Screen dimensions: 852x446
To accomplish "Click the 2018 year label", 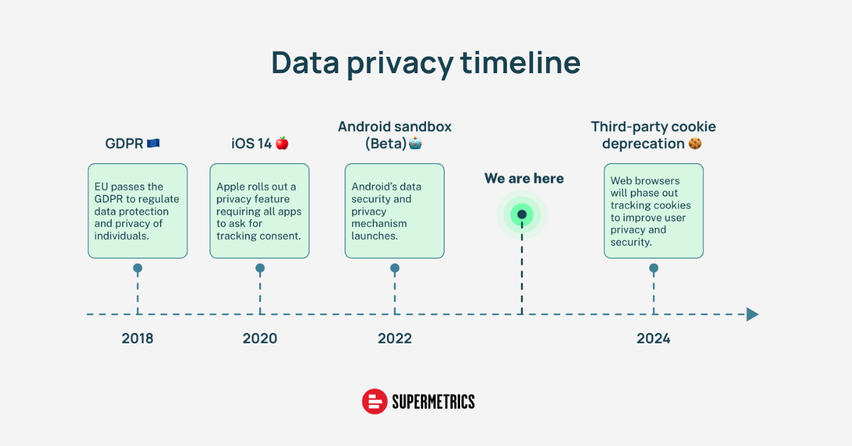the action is coord(137,338).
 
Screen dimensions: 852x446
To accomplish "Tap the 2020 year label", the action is coord(260,338).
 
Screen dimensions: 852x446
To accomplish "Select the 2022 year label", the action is coord(395,338).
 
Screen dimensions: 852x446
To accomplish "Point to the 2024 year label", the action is coord(653,338).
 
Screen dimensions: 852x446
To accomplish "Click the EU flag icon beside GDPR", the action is coord(153,143).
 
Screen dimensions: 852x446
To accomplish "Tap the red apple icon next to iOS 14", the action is coord(282,143).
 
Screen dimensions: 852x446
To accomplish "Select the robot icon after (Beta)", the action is coord(415,143).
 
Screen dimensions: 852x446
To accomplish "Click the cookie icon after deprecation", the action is coord(695,143).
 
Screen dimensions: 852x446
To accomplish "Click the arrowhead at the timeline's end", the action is coord(753,315).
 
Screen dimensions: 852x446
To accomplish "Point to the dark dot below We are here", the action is coord(522,214).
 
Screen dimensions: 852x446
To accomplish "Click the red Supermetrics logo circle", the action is coord(375,401).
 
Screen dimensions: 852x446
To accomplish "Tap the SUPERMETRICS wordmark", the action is coord(433,402).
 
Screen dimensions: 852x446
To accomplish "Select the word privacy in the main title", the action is coord(400,63).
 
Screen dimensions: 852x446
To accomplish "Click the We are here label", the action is coord(524,178).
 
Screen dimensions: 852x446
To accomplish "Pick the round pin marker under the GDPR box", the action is coord(138,268).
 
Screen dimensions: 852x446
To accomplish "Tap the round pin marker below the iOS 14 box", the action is coord(260,268).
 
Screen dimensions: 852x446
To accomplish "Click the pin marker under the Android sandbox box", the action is coord(395,268).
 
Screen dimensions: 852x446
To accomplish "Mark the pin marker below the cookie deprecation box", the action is coord(654,268).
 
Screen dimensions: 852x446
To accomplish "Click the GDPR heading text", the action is coord(124,143).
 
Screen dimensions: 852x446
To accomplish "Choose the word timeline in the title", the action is coord(520,62).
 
